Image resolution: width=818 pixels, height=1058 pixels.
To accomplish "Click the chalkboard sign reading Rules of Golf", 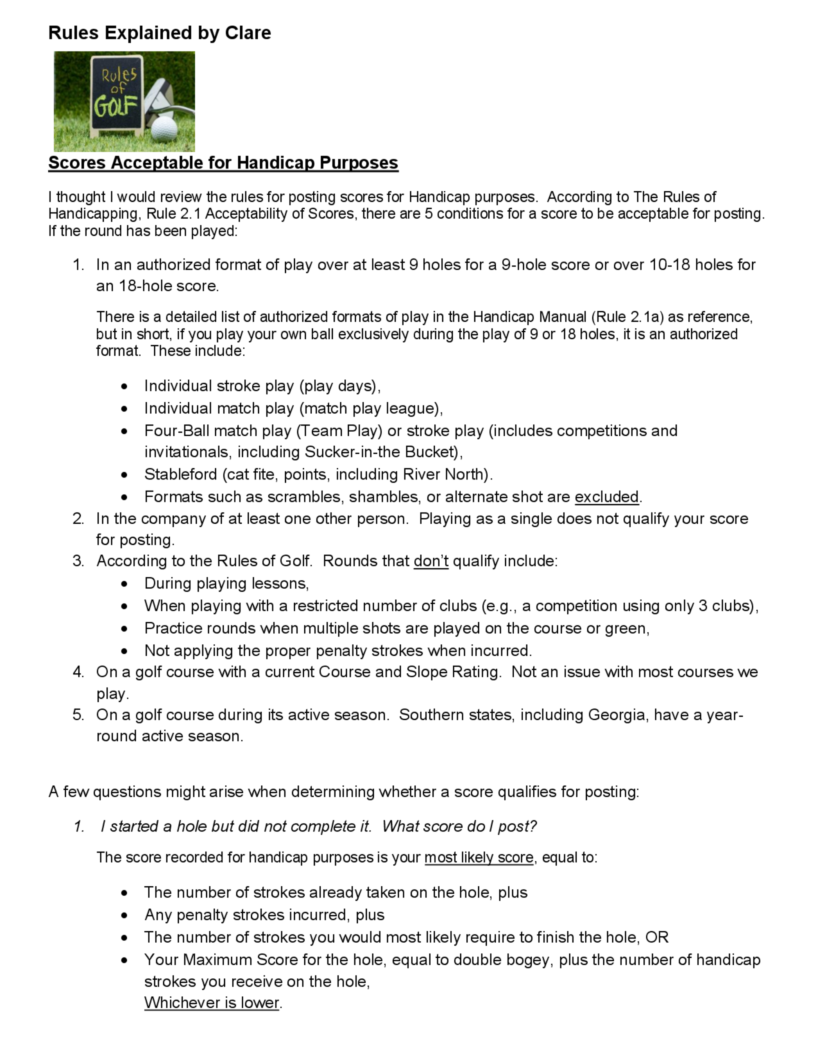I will click(117, 94).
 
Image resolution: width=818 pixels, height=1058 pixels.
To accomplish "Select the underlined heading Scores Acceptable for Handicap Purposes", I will click(223, 163).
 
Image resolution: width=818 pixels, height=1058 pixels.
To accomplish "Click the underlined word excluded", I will click(606, 497).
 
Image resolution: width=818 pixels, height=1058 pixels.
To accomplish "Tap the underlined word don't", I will click(431, 561).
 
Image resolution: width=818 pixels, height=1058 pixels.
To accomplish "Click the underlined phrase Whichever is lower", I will click(212, 1002).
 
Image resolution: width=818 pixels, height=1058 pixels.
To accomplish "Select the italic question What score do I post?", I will click(459, 827).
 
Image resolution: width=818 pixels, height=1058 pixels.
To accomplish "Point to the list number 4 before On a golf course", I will click(78, 672).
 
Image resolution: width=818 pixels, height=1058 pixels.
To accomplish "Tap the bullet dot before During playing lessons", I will click(125, 584).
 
